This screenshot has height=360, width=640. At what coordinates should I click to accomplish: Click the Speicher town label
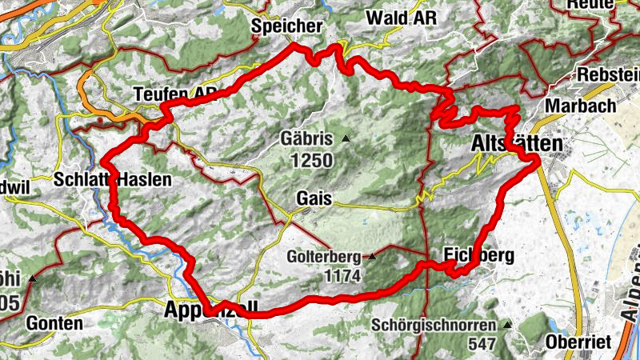286,26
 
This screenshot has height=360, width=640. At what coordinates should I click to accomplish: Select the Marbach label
580,106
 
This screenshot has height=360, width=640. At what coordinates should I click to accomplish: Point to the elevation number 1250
311,161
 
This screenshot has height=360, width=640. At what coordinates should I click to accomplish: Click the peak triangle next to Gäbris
346,139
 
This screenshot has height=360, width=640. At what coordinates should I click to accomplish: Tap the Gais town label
313,197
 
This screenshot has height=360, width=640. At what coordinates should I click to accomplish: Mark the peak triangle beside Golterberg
372,257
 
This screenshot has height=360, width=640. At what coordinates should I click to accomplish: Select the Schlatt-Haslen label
113,180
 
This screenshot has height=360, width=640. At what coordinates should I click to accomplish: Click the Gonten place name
54,324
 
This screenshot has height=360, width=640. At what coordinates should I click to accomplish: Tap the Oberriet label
578,342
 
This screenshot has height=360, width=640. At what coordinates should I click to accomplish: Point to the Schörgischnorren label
435,326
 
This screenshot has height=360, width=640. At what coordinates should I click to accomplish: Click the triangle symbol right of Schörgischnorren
507,326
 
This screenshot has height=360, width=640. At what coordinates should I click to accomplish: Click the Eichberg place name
478,256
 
